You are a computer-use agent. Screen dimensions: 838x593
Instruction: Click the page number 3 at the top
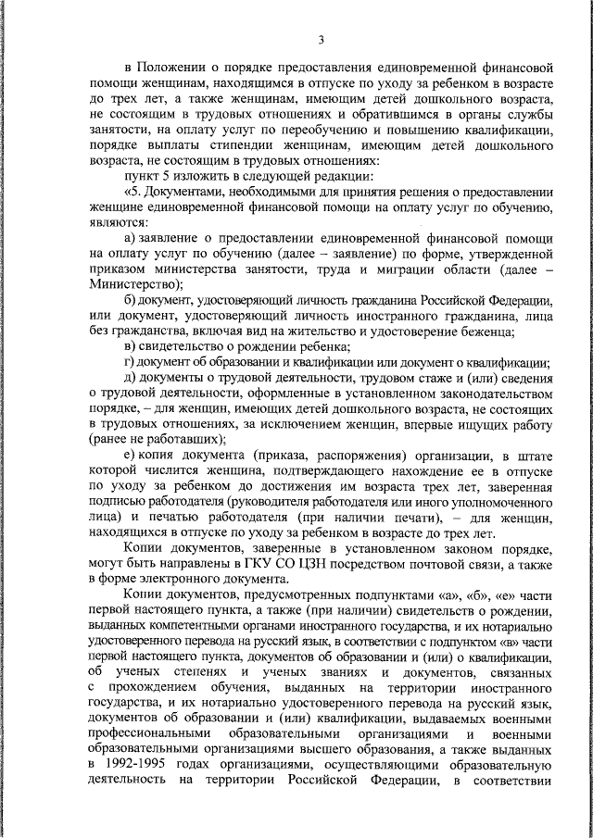point(321,39)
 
